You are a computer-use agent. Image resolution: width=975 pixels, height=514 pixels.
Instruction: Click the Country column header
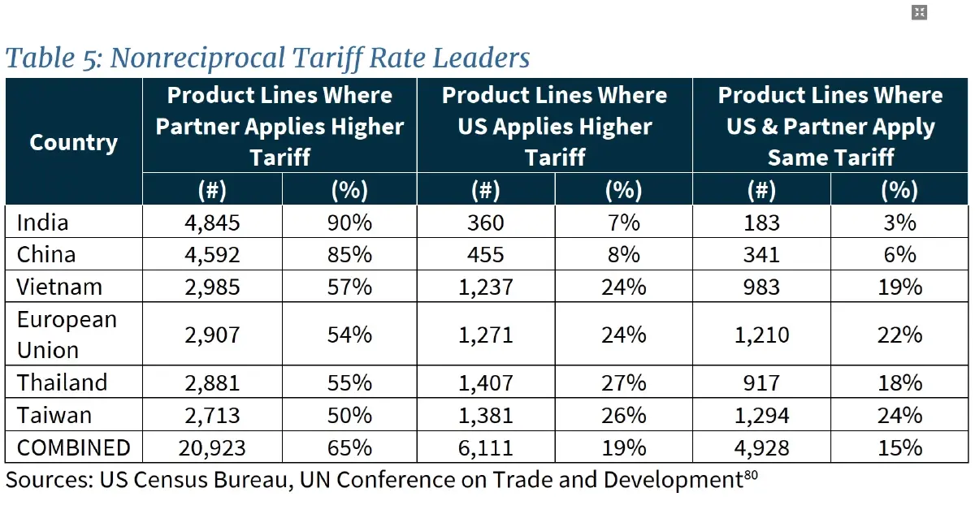[73, 143]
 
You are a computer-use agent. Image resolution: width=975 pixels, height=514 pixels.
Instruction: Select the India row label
[43, 222]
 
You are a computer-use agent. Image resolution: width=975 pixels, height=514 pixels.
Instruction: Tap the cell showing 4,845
[212, 222]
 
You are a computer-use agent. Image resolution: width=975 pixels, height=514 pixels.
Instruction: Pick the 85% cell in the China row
[350, 254]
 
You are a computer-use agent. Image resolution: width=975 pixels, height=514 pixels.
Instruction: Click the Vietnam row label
[60, 287]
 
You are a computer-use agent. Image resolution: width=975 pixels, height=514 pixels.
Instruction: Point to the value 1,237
[486, 287]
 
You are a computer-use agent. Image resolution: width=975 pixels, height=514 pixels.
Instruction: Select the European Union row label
[67, 335]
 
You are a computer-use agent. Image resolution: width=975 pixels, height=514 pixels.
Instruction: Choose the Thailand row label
[63, 382]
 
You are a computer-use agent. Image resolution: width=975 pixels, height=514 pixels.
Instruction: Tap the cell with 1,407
[486, 382]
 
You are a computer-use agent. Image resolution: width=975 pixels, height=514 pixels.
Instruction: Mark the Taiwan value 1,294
[761, 415]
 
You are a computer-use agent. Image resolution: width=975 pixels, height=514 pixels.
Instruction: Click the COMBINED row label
[74, 447]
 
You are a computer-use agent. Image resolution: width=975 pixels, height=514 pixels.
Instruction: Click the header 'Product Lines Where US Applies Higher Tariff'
[555, 126]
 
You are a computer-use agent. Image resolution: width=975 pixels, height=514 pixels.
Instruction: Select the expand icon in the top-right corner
[919, 12]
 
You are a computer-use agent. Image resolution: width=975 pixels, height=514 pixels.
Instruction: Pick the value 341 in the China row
[761, 254]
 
